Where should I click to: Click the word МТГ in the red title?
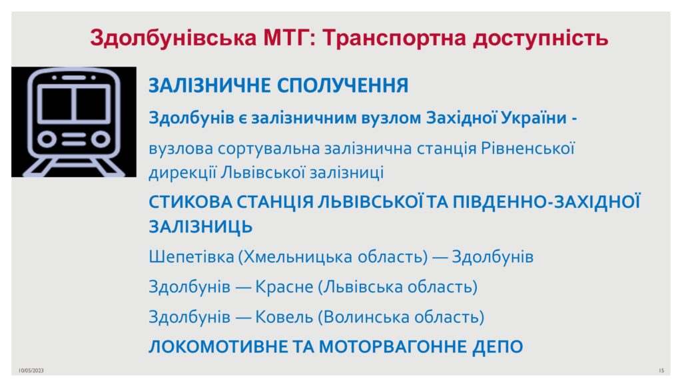[x=287, y=37]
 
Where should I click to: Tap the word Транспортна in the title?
[x=394, y=38]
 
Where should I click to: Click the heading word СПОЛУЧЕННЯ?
[x=343, y=85]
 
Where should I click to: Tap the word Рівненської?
[x=527, y=149]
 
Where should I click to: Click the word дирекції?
[x=182, y=173]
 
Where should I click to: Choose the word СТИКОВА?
[x=190, y=202]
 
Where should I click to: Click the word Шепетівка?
[x=191, y=257]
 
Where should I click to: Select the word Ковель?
[x=284, y=317]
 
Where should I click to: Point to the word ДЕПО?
[x=498, y=346]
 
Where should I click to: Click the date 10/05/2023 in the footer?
[x=31, y=370]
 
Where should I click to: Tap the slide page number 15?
[x=661, y=370]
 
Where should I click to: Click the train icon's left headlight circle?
[x=47, y=139]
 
